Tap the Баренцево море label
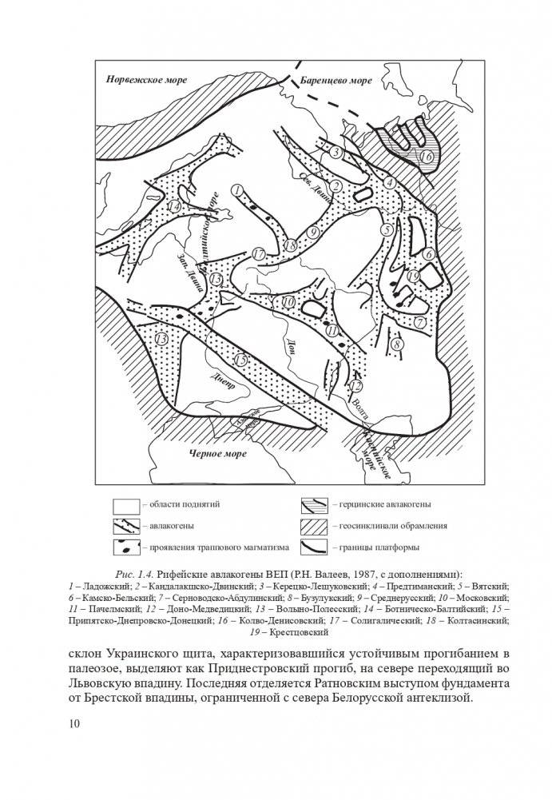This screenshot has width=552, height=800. (338, 80)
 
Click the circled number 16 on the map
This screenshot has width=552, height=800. (426, 157)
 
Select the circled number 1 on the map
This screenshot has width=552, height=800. (236, 189)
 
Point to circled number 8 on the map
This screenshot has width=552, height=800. (397, 343)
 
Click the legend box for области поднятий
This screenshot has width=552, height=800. (125, 505)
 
